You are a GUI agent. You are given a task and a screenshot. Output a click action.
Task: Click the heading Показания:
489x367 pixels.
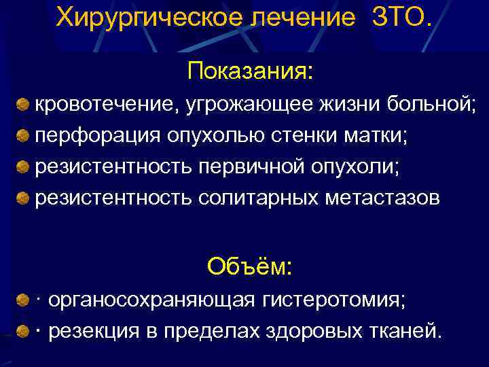coord(251,70)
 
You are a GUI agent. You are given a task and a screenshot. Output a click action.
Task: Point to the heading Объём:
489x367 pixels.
coord(250,266)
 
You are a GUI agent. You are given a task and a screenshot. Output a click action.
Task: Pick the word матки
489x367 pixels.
coord(376,135)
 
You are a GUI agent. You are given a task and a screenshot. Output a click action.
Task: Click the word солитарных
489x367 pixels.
coord(259,198)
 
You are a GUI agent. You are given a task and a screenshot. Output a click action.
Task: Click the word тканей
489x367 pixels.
coord(407,331)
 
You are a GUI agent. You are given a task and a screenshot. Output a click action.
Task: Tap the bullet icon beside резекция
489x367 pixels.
coord(23,331)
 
